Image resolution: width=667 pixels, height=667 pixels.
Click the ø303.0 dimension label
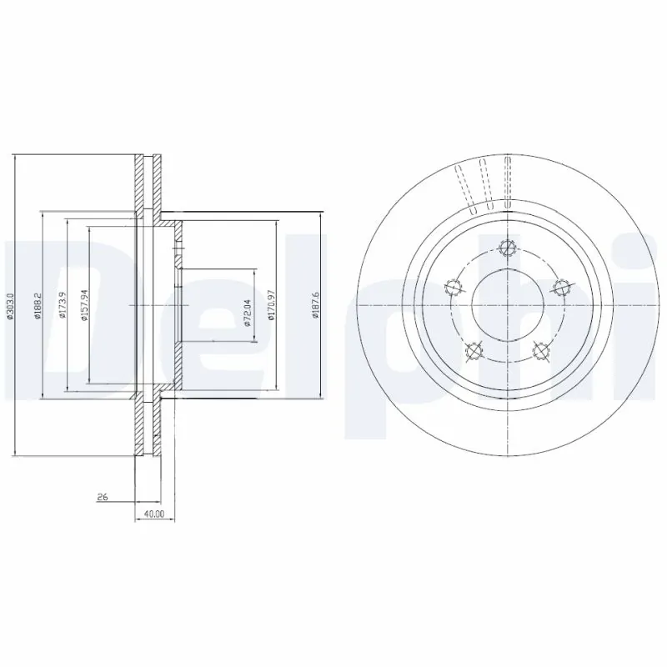[x=10, y=305]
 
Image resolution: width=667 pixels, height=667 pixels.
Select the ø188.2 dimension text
[x=37, y=305]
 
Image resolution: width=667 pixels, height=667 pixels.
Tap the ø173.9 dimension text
[x=62, y=305]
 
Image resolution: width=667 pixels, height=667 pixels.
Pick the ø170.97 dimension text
[x=272, y=305]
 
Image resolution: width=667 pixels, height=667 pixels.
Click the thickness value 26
[x=103, y=497]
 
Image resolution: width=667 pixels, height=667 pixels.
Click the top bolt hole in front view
[x=504, y=247]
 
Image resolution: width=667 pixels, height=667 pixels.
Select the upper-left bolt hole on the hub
[x=451, y=288]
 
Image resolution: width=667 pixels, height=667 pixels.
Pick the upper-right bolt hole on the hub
[x=559, y=287]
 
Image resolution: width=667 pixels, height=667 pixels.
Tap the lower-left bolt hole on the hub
[x=472, y=351]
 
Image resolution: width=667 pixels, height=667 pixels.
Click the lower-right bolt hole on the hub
[x=539, y=351]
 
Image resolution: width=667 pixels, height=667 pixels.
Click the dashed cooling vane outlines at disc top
[x=482, y=182]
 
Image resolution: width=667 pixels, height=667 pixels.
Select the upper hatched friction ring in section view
[x=148, y=183]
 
